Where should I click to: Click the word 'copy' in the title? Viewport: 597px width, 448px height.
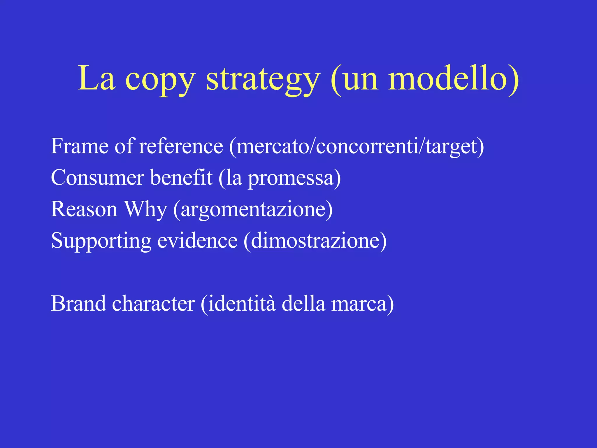click(x=160, y=80)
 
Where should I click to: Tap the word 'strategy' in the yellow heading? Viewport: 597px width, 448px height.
click(x=263, y=80)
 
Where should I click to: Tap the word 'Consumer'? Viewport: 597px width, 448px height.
click(x=97, y=178)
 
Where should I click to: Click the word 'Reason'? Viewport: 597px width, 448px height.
click(x=84, y=209)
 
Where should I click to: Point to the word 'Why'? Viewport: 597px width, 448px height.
click(x=145, y=210)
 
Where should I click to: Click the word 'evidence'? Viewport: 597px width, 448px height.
click(x=197, y=241)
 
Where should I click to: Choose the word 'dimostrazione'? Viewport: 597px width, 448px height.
click(x=315, y=241)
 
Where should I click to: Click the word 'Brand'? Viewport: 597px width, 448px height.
click(x=78, y=304)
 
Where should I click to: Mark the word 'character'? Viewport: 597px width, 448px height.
click(x=153, y=304)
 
